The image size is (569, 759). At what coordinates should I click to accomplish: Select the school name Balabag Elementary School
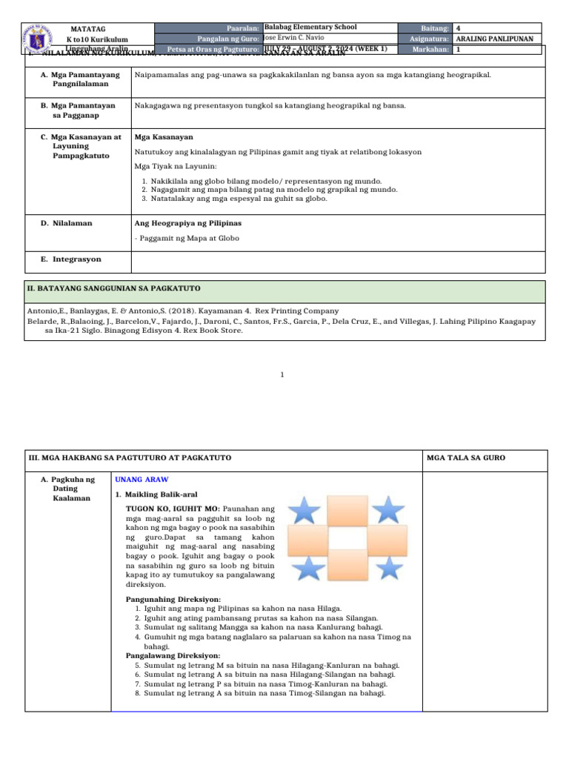tap(310, 27)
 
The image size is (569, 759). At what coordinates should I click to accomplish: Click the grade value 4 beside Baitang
tap(459, 27)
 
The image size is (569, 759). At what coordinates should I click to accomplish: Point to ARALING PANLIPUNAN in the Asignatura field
tap(494, 39)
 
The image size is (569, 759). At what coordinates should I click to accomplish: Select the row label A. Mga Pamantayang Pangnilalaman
tap(80, 79)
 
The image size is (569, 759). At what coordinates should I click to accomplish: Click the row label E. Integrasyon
tap(71, 259)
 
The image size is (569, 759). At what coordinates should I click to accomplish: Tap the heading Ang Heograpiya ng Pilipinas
tap(188, 223)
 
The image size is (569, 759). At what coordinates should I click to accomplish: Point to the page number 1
tap(283, 375)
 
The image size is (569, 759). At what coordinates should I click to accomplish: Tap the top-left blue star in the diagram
tap(304, 510)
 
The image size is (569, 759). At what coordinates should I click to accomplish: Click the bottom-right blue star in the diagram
tap(387, 567)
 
